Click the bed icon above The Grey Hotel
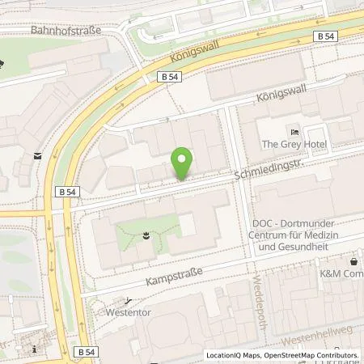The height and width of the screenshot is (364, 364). coord(294,132)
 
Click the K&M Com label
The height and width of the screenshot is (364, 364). coord(341,273)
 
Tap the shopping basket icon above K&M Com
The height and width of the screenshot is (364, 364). coord(353,260)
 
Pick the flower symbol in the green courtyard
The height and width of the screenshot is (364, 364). coord(144,235)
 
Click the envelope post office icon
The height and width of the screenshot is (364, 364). coord(37,154)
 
